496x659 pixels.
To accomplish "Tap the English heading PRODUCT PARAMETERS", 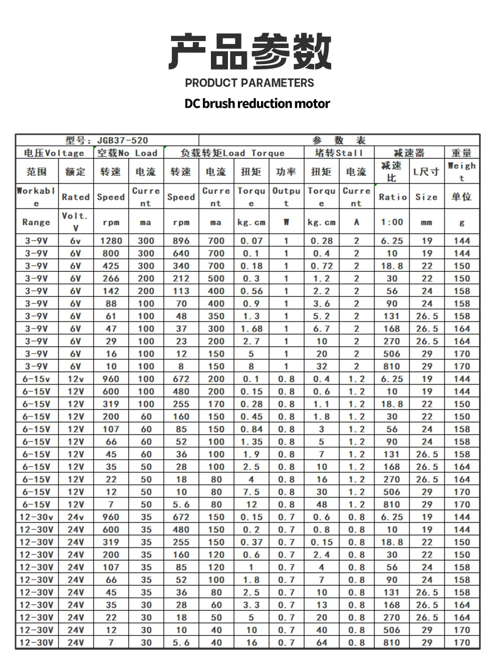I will coord(250,83).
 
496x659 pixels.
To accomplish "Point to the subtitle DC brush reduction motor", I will coord(257,104).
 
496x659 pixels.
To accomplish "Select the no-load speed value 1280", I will coord(111,241).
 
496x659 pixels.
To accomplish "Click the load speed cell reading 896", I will coord(181,241).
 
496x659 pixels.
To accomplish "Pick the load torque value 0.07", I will coord(251,241).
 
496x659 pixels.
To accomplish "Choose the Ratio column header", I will coord(392,197).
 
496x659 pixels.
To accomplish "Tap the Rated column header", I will coord(76,197).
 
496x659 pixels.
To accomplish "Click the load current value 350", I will coord(216,316).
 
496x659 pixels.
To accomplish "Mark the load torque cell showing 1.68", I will coord(251,328).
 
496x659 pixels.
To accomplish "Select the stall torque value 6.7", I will coord(321,328).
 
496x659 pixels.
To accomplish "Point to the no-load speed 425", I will coord(111,266).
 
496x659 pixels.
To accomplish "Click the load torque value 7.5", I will coord(251,492).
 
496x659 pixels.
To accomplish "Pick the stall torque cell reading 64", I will coord(321,642).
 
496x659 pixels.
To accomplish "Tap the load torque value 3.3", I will coord(251,605).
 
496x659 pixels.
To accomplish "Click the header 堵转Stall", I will coord(338,153).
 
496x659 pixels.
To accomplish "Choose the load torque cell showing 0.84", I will coord(251,429).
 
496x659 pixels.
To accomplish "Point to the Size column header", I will coord(426,197).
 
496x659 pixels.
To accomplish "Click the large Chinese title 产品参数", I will coord(250,52).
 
